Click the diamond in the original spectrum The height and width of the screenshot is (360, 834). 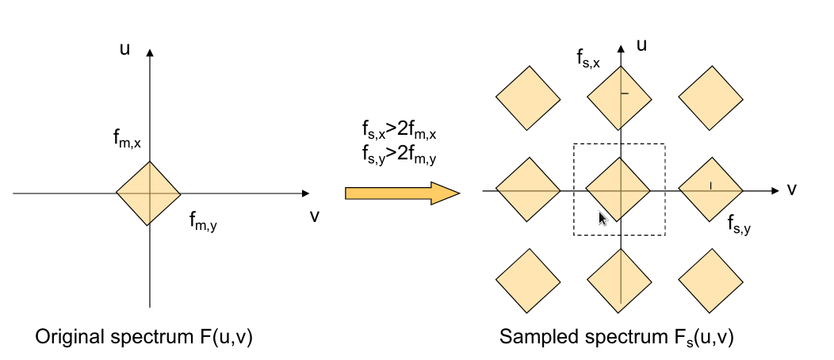point(148,193)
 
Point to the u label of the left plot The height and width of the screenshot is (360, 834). point(124,49)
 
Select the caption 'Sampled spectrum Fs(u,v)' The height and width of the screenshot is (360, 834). point(617,337)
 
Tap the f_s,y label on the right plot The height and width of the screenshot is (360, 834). point(739,224)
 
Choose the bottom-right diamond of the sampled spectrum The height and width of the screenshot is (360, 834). point(711,283)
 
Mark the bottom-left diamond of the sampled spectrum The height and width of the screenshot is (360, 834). point(528,283)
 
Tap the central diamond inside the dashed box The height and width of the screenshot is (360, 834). point(618,190)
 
